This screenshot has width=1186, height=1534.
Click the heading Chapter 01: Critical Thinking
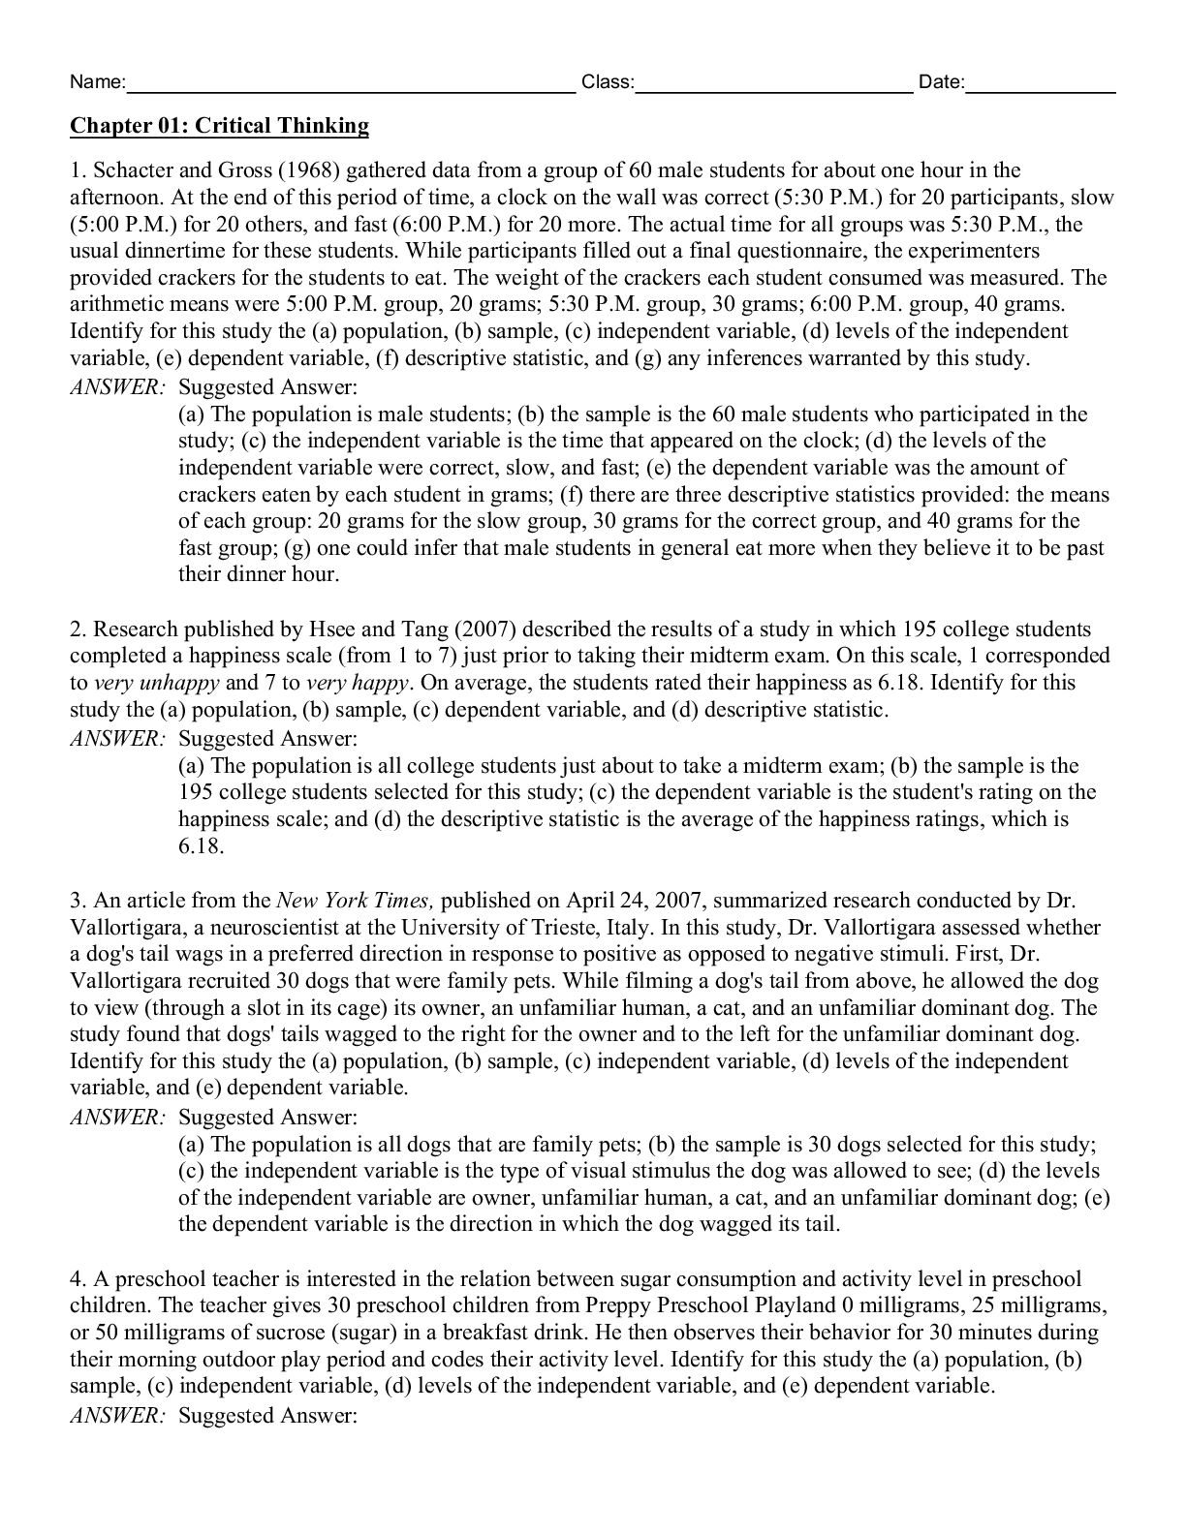pos(219,126)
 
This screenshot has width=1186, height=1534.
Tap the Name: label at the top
pos(97,83)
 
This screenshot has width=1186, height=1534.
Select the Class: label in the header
pos(608,83)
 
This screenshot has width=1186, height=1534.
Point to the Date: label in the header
pos(941,83)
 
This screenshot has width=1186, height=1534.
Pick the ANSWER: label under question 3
pos(117,1118)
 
